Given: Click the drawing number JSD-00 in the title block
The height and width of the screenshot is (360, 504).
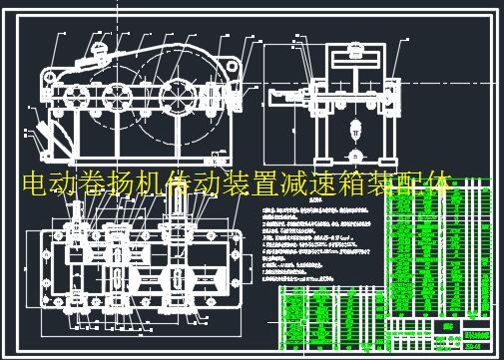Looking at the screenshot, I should [x=471, y=346].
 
